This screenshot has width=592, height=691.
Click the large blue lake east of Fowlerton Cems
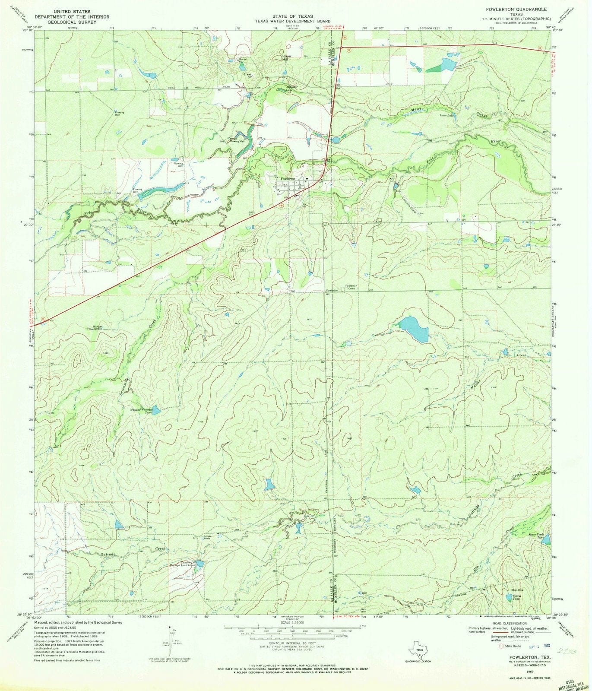coord(414,328)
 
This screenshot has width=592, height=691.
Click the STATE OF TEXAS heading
coord(292,16)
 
